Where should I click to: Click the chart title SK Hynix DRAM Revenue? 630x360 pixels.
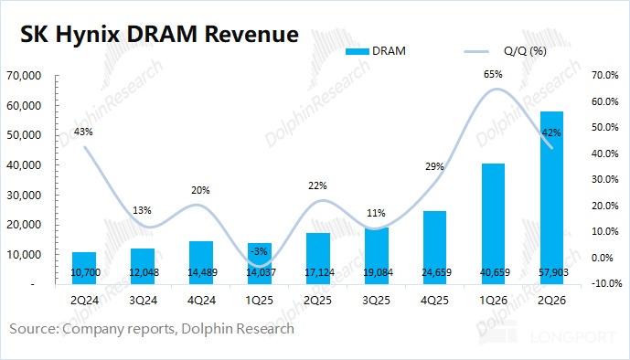click(x=159, y=34)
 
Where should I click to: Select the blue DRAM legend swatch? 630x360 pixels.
click(x=357, y=51)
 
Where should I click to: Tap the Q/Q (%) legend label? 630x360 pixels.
click(x=525, y=51)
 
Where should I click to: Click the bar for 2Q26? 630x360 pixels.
click(x=551, y=198)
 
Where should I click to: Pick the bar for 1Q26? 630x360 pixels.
click(x=493, y=224)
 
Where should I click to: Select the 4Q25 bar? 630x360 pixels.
click(x=434, y=248)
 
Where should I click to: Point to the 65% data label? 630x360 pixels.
click(x=493, y=74)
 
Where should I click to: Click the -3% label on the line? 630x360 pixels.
click(x=259, y=251)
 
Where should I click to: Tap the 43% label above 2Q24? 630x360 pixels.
click(x=83, y=132)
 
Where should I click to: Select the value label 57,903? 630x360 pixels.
click(x=553, y=272)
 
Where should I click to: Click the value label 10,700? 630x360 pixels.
click(x=86, y=272)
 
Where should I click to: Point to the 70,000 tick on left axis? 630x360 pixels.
click(x=24, y=76)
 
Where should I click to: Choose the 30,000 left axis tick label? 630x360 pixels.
click(x=24, y=195)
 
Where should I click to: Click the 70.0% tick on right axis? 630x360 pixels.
click(x=604, y=75)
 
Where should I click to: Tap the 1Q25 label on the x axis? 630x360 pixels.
click(x=259, y=301)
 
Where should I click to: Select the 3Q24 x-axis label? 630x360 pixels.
click(x=143, y=301)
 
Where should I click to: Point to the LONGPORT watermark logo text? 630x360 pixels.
click(x=573, y=337)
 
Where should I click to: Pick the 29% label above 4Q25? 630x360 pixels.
click(x=434, y=166)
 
